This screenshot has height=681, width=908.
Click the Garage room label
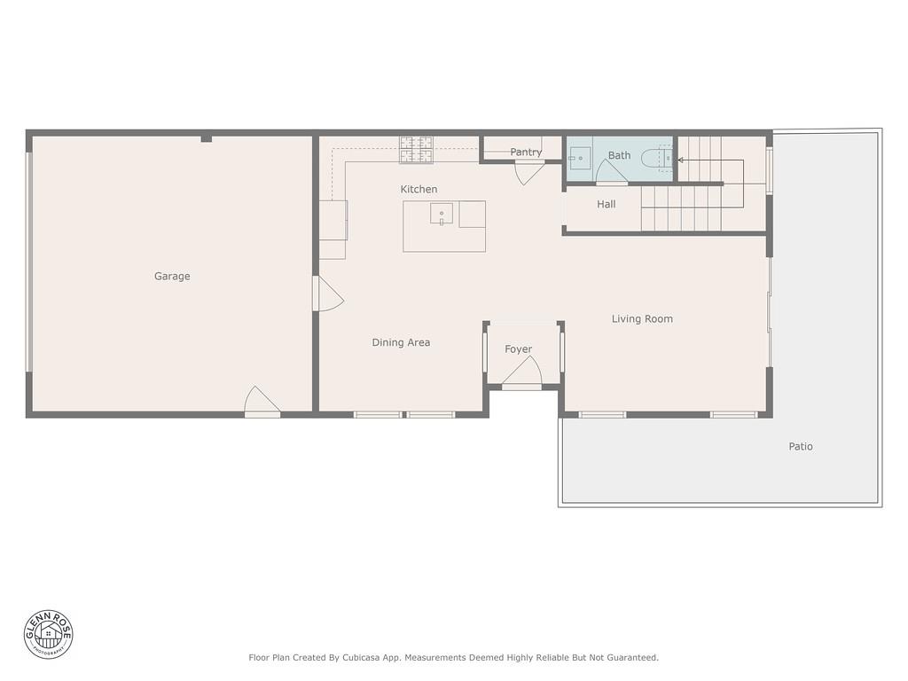(x=172, y=277)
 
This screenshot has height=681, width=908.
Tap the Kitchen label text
(x=419, y=190)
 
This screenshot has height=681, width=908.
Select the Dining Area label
(x=401, y=342)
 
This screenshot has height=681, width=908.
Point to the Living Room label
(x=642, y=319)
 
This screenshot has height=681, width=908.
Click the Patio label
(x=801, y=447)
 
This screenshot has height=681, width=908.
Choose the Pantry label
(x=526, y=153)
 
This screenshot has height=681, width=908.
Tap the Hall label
(x=607, y=205)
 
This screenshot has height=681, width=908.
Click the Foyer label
(x=519, y=349)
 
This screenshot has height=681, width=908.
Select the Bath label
(x=619, y=156)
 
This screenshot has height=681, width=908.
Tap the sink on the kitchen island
(x=442, y=214)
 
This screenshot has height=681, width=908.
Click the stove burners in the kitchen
(x=416, y=151)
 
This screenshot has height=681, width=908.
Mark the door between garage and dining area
(x=326, y=294)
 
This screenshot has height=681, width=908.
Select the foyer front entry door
(x=521, y=376)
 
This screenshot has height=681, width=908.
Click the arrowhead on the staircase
(x=680, y=160)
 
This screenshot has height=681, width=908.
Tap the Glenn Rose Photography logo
(x=49, y=634)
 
